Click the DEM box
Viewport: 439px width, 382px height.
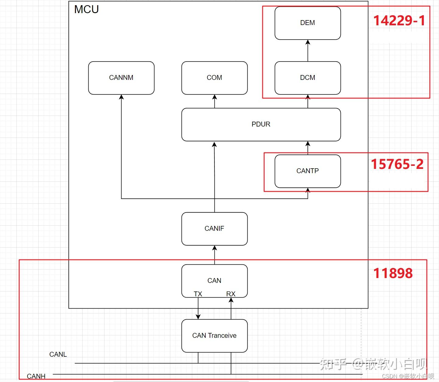coord(308,23)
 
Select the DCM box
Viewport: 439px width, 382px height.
coord(308,78)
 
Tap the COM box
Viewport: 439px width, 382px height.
coord(214,78)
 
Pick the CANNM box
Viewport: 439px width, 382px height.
coord(121,78)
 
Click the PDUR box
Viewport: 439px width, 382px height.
coord(261,125)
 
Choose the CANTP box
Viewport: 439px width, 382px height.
coord(308,171)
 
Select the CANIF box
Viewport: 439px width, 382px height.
coord(214,229)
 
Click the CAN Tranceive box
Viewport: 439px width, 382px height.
coord(214,336)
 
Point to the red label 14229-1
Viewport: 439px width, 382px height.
coord(399,21)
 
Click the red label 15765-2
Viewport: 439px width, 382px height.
coord(397,164)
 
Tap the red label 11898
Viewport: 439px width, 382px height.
coord(393,273)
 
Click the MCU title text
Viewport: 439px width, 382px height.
coord(87,9)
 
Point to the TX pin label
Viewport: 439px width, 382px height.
coord(198,294)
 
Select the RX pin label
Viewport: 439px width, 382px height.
coord(231,294)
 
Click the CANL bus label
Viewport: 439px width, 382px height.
coord(58,354)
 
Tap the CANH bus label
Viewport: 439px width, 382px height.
coord(36,376)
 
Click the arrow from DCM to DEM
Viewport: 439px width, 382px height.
coord(308,51)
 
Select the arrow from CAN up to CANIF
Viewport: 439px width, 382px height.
coord(214,255)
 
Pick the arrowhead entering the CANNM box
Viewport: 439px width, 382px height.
coord(122,97)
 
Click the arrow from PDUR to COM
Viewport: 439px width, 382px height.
coord(214,101)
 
